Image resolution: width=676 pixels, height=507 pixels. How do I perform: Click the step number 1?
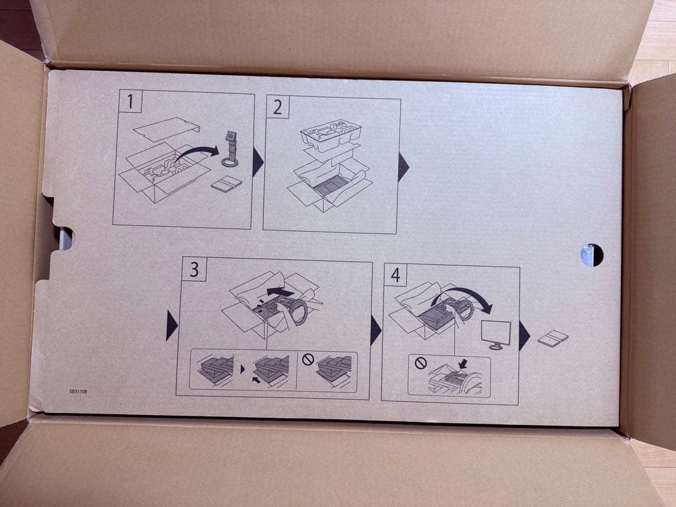130,102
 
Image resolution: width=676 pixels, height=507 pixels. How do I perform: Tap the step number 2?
278,107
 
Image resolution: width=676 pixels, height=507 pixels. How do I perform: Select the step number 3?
195,269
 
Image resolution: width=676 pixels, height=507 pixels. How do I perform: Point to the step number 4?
396,275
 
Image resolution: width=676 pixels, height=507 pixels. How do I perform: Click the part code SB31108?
78,391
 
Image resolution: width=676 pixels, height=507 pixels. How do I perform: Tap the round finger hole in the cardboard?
591,255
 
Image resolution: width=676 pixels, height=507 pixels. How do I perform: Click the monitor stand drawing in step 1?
230,149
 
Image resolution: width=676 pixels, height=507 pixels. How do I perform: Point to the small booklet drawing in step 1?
227,184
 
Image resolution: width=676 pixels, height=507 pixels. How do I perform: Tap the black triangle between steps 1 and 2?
257,161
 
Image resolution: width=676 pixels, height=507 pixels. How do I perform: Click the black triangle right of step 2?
403,166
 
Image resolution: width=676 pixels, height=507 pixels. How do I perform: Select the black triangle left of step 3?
172,325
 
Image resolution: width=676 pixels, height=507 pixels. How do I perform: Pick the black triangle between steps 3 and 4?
376,330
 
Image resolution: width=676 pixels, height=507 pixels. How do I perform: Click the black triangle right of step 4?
525,335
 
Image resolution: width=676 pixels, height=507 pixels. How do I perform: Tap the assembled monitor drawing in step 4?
496,334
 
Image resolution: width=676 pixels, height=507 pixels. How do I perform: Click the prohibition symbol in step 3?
308,359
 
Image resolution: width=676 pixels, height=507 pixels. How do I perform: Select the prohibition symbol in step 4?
421,363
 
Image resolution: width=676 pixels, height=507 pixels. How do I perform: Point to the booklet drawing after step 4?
553,338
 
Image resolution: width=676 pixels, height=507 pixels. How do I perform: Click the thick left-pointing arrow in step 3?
280,292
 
